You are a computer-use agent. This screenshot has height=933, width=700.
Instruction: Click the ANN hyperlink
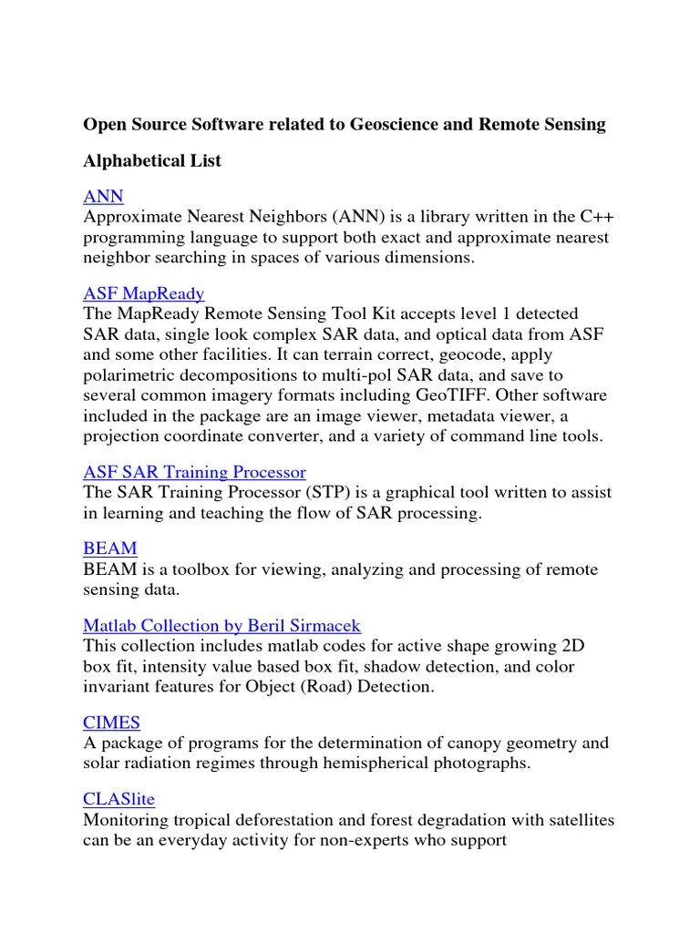103,197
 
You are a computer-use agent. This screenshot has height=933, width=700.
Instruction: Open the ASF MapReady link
143,293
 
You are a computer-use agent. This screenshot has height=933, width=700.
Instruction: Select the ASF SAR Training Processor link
194,472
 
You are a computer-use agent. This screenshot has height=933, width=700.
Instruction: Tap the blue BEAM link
110,549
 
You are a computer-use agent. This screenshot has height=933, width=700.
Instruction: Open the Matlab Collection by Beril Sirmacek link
221,626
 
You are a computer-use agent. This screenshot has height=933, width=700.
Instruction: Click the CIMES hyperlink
111,723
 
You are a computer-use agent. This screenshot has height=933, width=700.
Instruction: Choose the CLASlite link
118,799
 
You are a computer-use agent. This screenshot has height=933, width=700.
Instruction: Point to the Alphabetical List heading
152,161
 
